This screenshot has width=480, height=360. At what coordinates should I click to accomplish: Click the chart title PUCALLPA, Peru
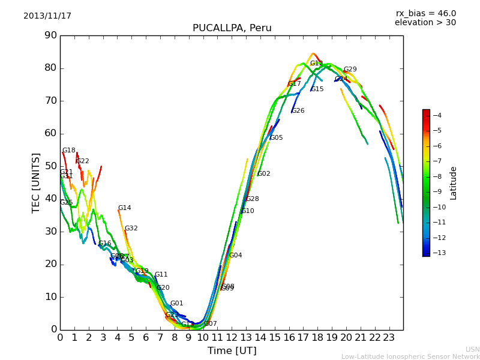click(x=232, y=28)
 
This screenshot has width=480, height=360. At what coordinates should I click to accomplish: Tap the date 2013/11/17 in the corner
click(x=47, y=16)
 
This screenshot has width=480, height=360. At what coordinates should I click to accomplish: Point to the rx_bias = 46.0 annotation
click(x=425, y=14)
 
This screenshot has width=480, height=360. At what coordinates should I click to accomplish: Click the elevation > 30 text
click(x=425, y=23)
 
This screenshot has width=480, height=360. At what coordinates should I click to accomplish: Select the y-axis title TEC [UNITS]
click(x=36, y=182)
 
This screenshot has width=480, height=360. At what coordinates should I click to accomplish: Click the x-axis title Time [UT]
click(x=232, y=351)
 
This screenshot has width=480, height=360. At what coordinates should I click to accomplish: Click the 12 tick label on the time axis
click(x=232, y=337)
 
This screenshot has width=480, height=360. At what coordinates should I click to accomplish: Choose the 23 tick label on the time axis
click(x=389, y=337)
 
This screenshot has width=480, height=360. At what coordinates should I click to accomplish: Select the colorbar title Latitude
click(x=454, y=182)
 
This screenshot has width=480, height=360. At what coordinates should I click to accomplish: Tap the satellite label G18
click(x=69, y=151)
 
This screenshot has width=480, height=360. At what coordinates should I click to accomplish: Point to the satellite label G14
click(x=124, y=208)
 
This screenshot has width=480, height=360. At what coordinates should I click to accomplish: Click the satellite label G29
click(x=350, y=70)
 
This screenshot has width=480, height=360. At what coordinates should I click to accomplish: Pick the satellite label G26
click(x=298, y=111)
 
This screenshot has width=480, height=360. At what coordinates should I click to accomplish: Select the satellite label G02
click(x=263, y=174)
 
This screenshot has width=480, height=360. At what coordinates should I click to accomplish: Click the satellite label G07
click(x=210, y=324)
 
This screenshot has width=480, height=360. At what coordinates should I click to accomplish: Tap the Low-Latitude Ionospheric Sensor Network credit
click(x=410, y=356)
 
